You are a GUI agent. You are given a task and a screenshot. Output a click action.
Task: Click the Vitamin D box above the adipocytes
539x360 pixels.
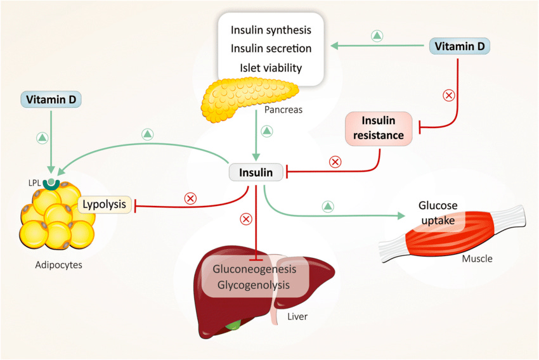(x=51, y=100)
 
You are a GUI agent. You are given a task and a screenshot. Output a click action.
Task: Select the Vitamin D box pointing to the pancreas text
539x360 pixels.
(x=460, y=46)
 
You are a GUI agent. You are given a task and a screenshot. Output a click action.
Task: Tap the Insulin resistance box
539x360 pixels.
(x=379, y=128)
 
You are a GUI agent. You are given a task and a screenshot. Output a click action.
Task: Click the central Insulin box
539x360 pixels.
(x=256, y=172)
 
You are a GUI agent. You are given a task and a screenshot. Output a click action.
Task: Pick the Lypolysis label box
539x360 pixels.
(x=105, y=204)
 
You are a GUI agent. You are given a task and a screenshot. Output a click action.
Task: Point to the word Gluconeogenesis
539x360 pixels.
(x=254, y=269)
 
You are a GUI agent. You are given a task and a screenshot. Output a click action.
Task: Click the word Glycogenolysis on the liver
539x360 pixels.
(x=254, y=285)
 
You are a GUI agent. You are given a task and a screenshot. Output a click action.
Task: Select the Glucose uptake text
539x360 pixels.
(x=438, y=212)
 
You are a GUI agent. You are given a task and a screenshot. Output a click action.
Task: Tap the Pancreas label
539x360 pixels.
(x=283, y=110)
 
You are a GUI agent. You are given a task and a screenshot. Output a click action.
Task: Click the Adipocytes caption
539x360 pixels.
(x=59, y=265)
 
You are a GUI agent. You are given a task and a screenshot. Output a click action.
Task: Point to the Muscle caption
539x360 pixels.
(x=477, y=259)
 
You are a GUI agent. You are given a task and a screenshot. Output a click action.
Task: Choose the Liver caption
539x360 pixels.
(x=297, y=316)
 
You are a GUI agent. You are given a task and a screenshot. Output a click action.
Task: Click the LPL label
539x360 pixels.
(x=34, y=183)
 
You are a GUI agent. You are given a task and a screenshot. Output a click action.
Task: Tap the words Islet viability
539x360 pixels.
(x=271, y=68)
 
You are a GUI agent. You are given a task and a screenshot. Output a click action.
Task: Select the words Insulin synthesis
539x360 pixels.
(x=271, y=30)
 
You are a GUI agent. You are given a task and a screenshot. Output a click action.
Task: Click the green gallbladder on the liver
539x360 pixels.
(x=234, y=324)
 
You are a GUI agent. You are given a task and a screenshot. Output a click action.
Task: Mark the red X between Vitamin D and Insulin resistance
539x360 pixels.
(x=448, y=95)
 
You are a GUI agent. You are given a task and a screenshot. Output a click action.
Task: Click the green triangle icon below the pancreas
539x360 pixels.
(x=267, y=131)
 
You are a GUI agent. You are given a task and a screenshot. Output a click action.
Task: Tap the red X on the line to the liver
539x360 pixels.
(x=246, y=219)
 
